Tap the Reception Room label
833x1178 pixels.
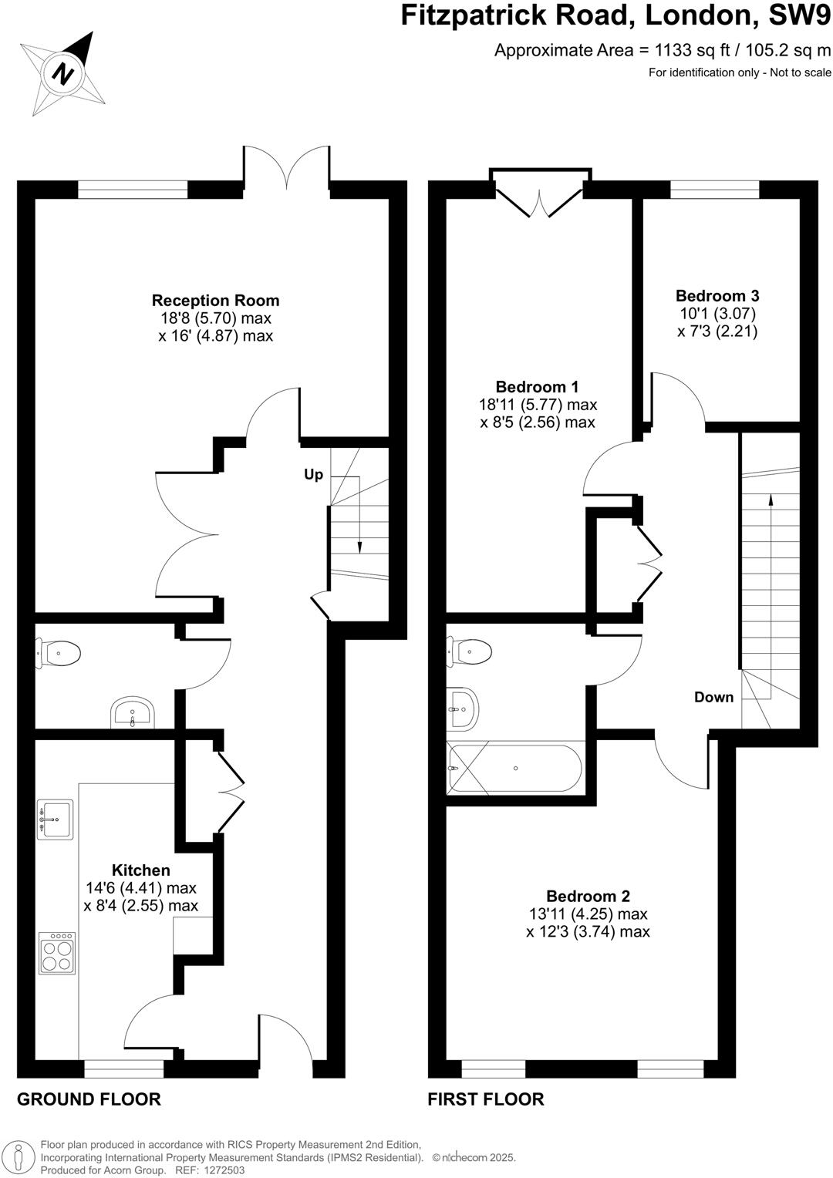tap(215, 301)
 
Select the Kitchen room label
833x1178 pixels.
tap(140, 870)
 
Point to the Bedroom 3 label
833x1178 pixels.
tap(717, 296)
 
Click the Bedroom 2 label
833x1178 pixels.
tap(588, 896)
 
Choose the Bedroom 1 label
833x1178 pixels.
tap(537, 387)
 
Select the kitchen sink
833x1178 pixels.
tap(56, 819)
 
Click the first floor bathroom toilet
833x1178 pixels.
tap(470, 652)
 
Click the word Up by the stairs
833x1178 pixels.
tap(313, 475)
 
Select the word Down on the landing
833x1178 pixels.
tap(713, 697)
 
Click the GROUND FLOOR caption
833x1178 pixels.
tap(89, 1099)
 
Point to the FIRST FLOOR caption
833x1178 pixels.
tap(486, 1099)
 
